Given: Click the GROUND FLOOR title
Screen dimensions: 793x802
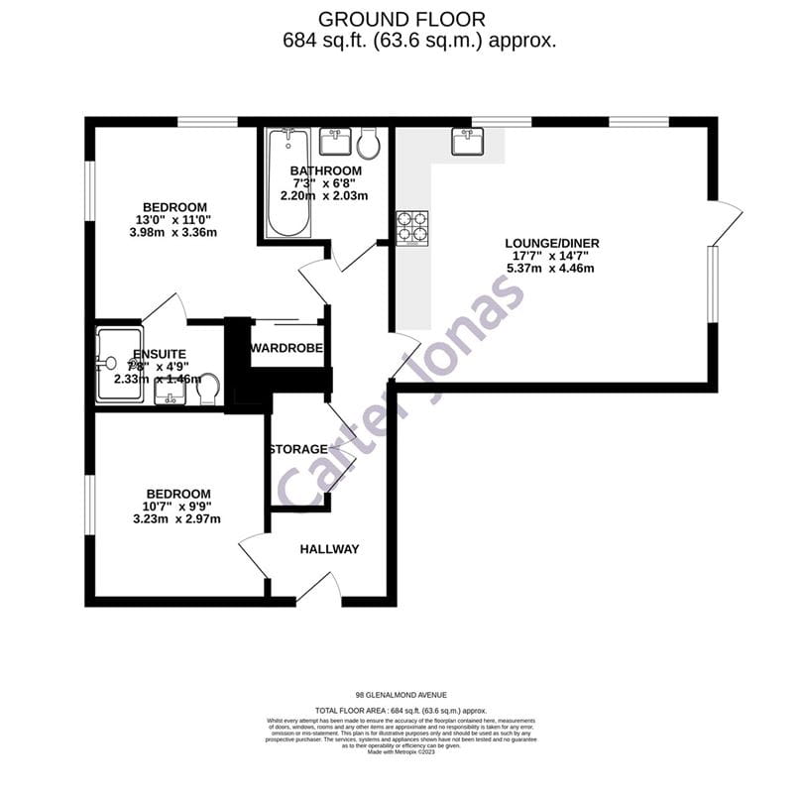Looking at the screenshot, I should (401, 19).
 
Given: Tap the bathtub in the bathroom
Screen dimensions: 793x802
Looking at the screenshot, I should (288, 183).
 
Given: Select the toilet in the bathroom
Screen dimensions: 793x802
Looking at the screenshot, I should (369, 143).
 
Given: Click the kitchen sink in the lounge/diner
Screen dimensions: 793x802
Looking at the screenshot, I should (467, 142).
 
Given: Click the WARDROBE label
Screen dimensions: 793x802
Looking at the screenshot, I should (287, 348).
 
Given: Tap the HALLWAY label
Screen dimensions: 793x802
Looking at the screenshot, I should (329, 549).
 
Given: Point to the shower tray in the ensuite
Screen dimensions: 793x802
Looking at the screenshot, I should (119, 362).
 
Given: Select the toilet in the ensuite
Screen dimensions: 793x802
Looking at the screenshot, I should (208, 391).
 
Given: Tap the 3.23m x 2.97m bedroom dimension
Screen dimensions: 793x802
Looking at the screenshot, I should (176, 518).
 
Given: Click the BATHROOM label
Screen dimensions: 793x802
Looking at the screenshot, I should (325, 170).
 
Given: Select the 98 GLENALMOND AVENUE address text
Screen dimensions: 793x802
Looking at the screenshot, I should (401, 695).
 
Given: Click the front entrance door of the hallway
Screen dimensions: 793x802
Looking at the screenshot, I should (318, 593).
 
